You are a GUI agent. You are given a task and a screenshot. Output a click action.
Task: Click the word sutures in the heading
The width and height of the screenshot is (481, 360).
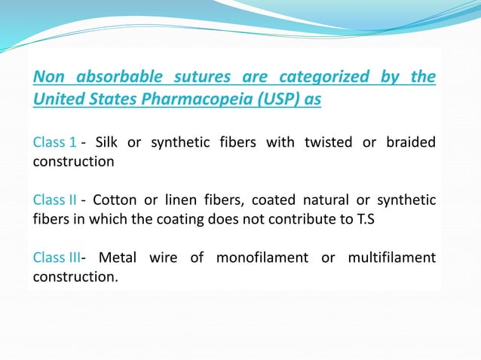click(x=201, y=77)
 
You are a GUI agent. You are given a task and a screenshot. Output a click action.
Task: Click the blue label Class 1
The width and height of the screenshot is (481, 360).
click(x=54, y=142)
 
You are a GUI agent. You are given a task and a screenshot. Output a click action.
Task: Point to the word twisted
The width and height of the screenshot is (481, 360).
click(x=329, y=142)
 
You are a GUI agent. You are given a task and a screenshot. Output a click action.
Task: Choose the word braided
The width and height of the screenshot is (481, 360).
click(x=410, y=142)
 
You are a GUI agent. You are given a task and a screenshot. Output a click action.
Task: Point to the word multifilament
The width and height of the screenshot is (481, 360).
click(x=392, y=258)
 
